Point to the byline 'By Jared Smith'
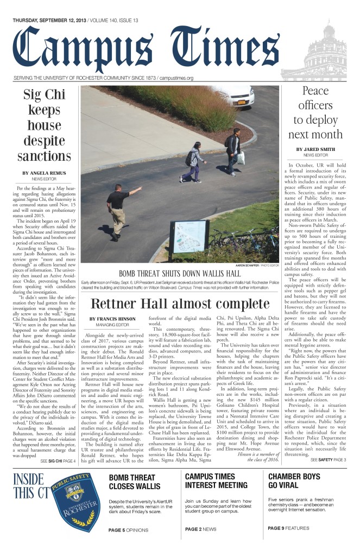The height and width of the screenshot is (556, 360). point(314,149)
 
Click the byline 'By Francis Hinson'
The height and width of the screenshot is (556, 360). point(112,319)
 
